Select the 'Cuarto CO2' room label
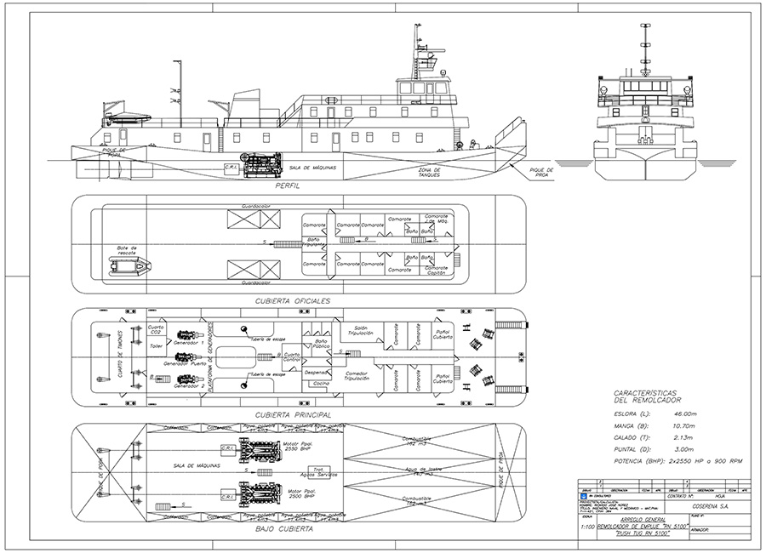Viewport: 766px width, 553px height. pyautogui.click(x=156, y=329)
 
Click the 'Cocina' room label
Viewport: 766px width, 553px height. pyautogui.click(x=321, y=385)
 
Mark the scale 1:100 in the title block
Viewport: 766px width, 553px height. pyautogui.click(x=586, y=527)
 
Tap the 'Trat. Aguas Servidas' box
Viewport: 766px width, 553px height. pyautogui.click(x=323, y=473)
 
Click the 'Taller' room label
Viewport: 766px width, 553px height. pyautogui.click(x=156, y=347)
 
